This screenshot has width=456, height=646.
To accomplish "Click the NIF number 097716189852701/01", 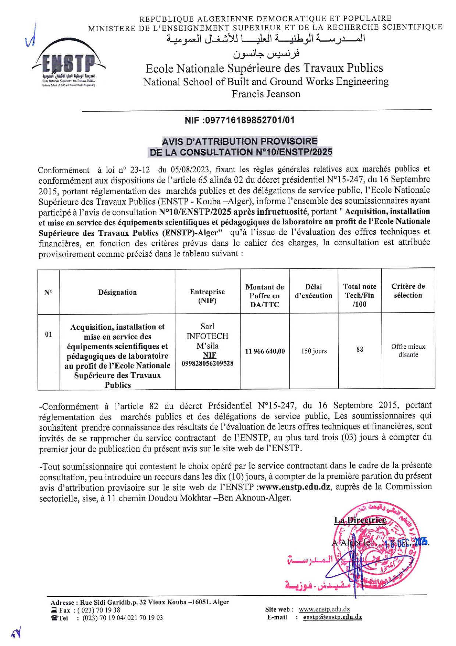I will [239, 120].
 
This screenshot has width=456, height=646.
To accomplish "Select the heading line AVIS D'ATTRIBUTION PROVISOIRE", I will [240, 141].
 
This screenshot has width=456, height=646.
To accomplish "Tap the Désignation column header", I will [117, 292].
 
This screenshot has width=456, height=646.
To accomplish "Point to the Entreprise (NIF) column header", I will [207, 296].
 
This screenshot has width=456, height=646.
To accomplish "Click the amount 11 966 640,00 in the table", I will [265, 351].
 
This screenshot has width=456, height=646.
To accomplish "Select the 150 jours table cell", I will [314, 351].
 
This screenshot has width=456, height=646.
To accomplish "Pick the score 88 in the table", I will [360, 349].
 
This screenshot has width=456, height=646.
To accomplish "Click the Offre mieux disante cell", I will [408, 351].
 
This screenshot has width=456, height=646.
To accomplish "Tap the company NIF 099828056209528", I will [207, 364].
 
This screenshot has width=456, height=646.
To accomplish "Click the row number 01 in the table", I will [49, 334].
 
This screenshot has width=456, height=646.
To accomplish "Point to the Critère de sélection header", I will [408, 291].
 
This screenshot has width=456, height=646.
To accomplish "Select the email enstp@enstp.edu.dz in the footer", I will [332, 617].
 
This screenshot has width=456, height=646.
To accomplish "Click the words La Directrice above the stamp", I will [360, 520].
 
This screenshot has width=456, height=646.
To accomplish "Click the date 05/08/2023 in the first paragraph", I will [190, 169].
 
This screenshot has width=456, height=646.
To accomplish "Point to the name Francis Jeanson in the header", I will [266, 94].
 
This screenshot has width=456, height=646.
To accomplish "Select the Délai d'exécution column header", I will [314, 291].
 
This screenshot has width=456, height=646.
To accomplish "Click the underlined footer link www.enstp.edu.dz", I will [324, 609].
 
